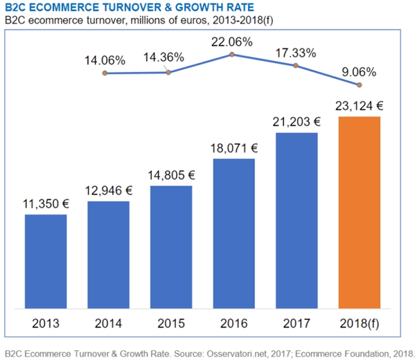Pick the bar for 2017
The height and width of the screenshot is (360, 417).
pos(296,221)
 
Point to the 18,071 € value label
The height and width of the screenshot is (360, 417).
pos(233,147)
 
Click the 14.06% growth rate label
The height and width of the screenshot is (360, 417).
pos(105,60)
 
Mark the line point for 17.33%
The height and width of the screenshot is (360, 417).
pos(296,66)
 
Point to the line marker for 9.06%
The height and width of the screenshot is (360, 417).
pos(359,85)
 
